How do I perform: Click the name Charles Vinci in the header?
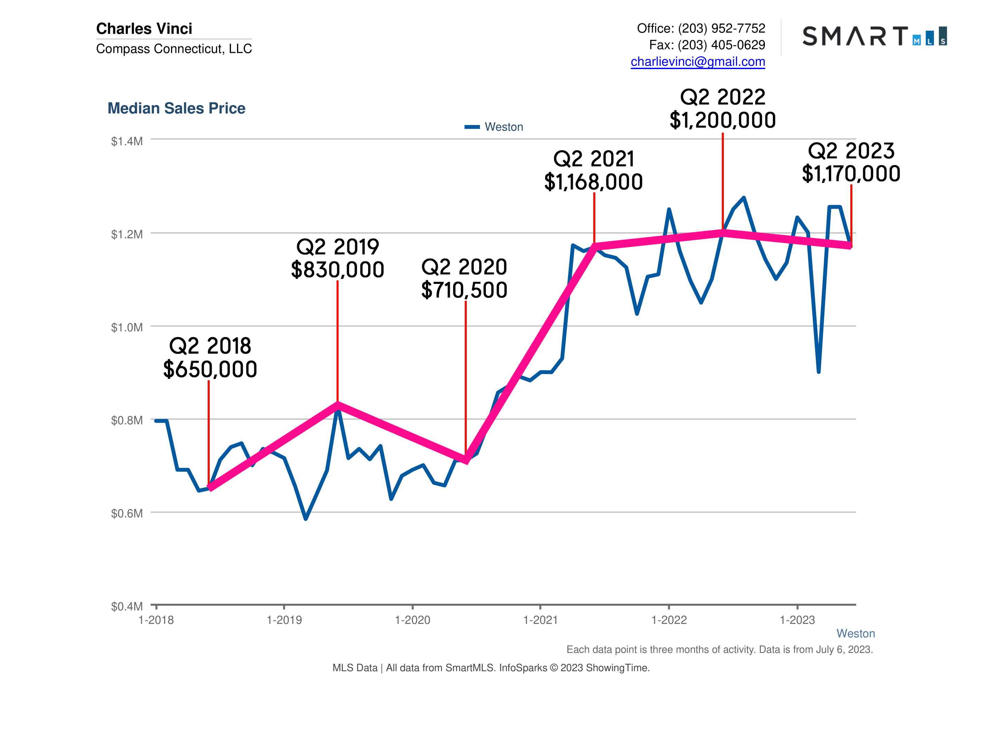point(144,28)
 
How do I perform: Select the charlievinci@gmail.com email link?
point(697,62)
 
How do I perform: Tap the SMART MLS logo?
point(874,36)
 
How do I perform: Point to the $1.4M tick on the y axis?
point(127,141)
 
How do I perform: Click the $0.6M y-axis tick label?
point(127,514)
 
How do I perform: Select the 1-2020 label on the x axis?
point(413,620)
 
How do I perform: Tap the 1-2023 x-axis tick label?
point(797,620)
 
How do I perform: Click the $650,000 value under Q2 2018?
point(210,370)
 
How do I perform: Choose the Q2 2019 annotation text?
point(337,247)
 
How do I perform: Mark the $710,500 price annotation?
point(464,290)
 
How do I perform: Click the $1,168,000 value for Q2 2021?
point(593,182)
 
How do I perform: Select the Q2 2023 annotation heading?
point(851,151)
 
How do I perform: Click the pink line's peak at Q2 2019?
point(338,404)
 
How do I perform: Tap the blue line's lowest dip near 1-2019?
point(306,518)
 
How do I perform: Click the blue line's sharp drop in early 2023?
point(819,371)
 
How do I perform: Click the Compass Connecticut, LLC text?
point(174,49)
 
